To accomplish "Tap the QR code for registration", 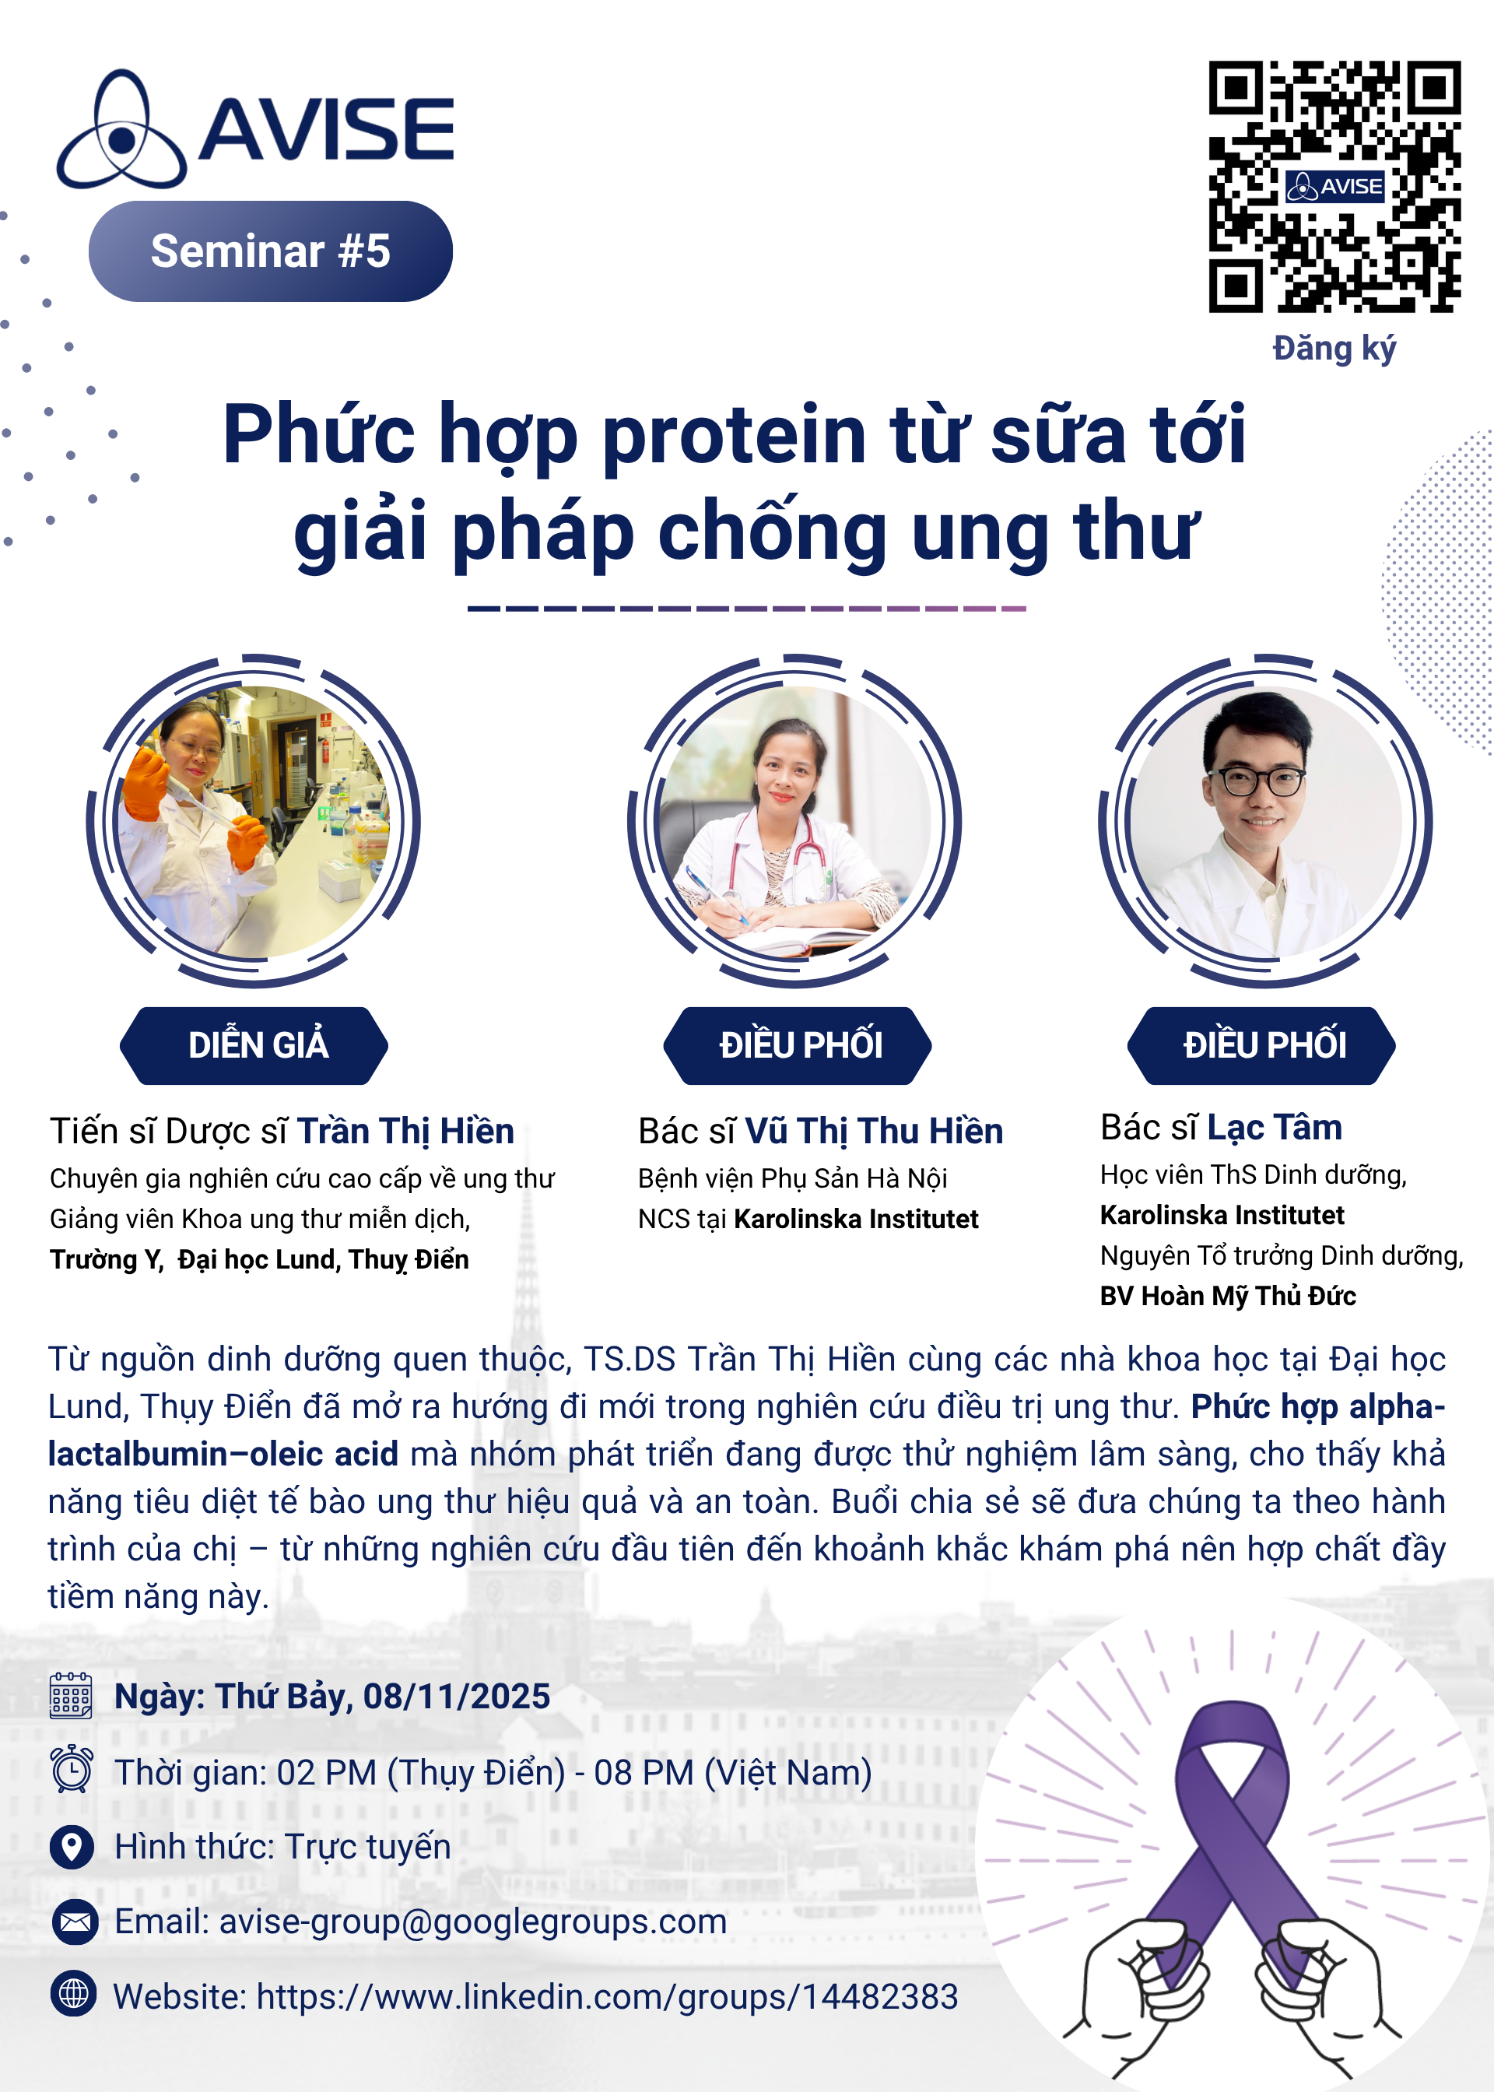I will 1333,187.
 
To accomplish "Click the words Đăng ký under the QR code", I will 1333,349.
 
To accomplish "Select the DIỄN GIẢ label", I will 257,1045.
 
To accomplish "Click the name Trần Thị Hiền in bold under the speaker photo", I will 405,1131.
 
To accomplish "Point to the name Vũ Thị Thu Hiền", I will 873,1131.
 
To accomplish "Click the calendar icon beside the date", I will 71,1696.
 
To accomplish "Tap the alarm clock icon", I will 71,1768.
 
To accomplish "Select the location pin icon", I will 71,1846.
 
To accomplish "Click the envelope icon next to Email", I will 75,1922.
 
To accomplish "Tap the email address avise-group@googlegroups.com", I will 473,1922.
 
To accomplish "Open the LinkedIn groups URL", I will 607,1996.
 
